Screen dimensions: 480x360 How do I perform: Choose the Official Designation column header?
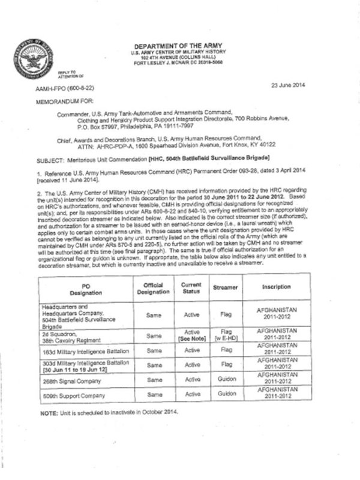pos(156,287)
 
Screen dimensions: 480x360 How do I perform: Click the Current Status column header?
pos(194,287)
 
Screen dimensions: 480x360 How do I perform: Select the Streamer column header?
pos(226,287)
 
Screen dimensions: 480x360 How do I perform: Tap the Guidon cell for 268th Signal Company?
pos(226,380)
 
